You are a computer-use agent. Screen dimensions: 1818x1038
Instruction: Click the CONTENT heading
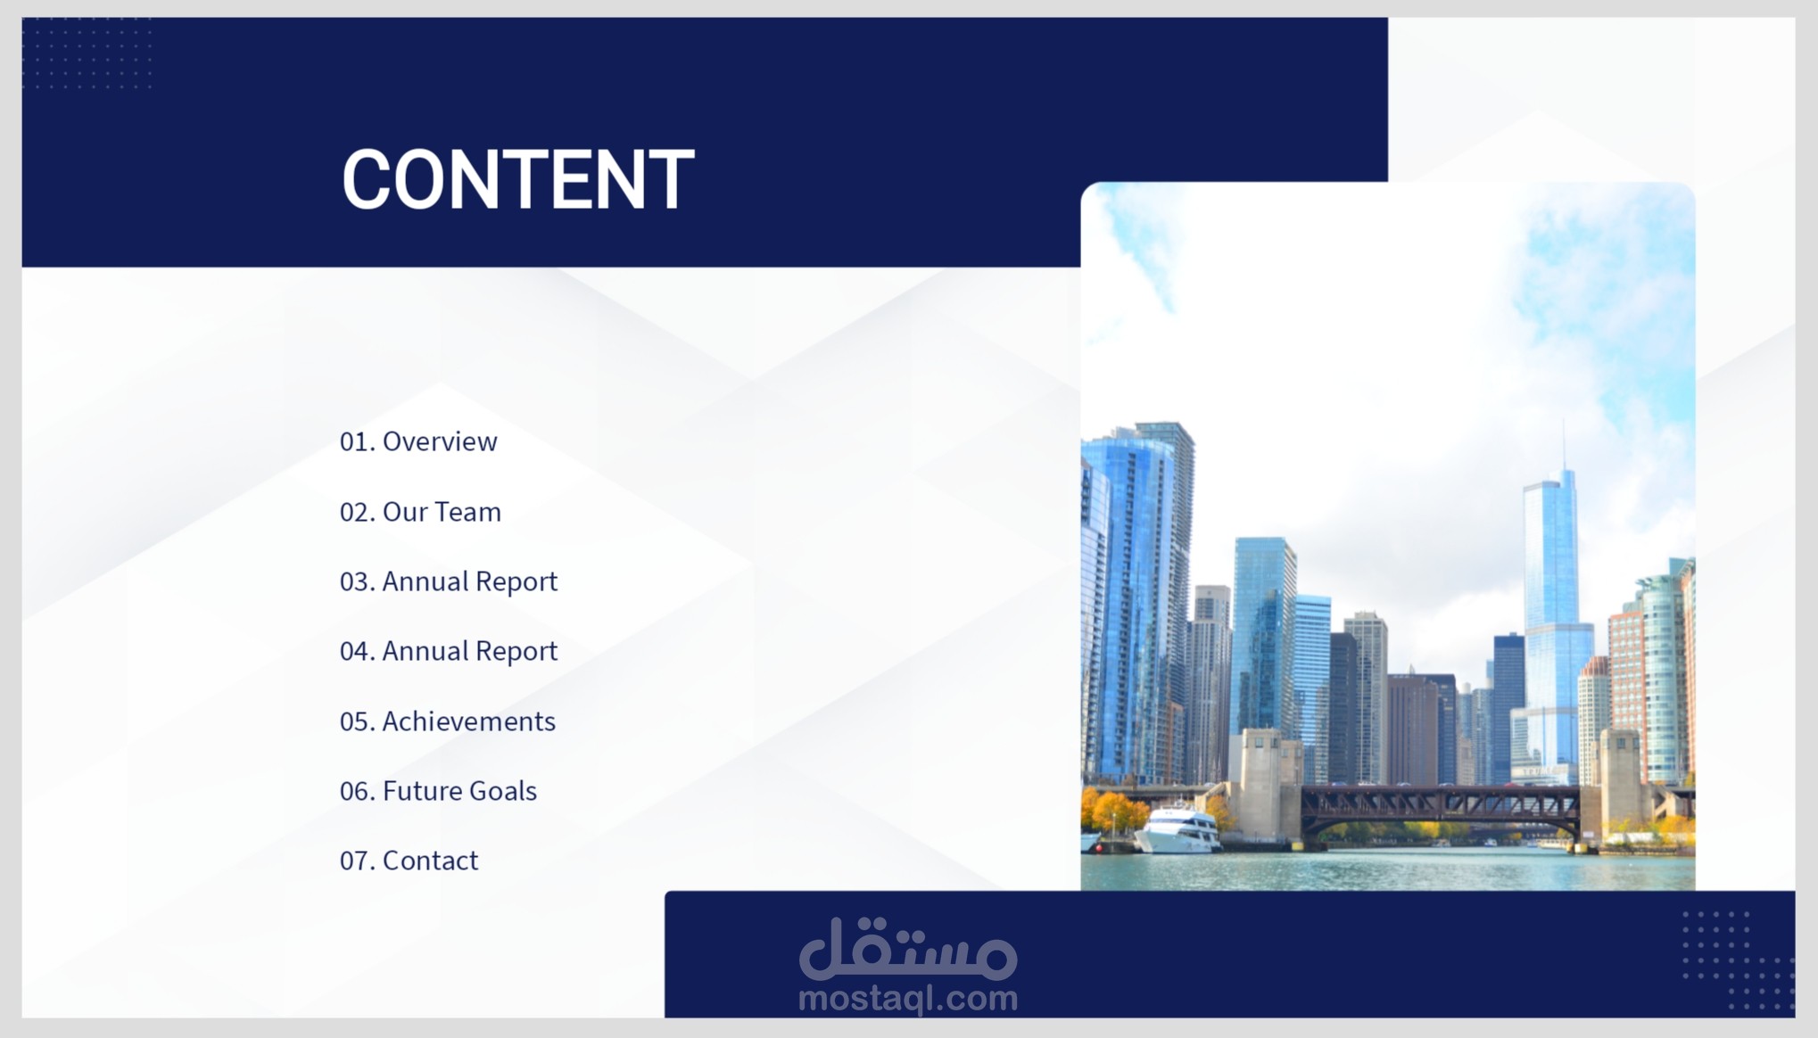click(x=517, y=179)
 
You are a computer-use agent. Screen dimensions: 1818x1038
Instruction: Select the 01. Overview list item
click(x=418, y=441)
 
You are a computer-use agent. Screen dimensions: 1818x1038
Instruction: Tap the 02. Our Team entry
click(x=420, y=512)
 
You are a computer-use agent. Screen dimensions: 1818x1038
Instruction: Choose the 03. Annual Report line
click(x=449, y=581)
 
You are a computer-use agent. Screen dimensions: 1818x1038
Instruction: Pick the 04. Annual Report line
click(x=449, y=651)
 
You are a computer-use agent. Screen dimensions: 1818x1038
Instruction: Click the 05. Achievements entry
click(x=448, y=721)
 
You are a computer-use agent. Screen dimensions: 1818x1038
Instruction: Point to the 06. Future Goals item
click(x=438, y=791)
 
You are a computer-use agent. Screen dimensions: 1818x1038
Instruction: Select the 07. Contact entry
click(x=409, y=861)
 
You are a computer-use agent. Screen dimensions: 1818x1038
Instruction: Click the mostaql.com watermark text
click(x=908, y=999)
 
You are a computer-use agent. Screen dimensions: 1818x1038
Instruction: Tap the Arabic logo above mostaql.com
click(x=908, y=948)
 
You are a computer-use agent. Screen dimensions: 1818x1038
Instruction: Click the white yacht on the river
click(x=1176, y=830)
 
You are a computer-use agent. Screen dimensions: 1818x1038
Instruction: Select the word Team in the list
click(x=471, y=512)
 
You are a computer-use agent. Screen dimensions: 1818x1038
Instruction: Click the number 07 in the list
click(x=354, y=861)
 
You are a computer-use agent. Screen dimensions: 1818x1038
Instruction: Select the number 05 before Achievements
click(x=354, y=721)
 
